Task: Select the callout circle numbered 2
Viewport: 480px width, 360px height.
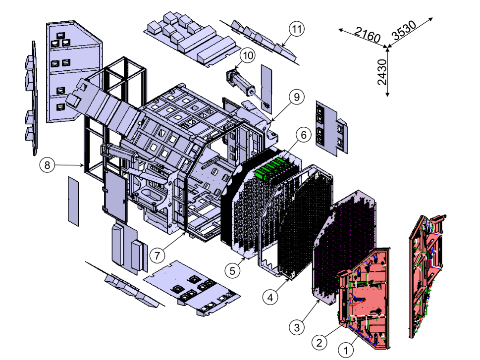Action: [x=320, y=342]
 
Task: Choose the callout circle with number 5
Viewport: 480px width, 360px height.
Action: [x=231, y=270]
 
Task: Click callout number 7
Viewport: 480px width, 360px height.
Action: [x=157, y=256]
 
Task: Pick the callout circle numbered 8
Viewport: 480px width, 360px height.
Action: [x=48, y=165]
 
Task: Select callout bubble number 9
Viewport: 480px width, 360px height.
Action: [x=296, y=97]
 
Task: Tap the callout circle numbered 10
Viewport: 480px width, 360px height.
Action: [x=248, y=55]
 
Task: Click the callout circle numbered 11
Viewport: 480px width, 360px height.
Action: [x=297, y=29]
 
